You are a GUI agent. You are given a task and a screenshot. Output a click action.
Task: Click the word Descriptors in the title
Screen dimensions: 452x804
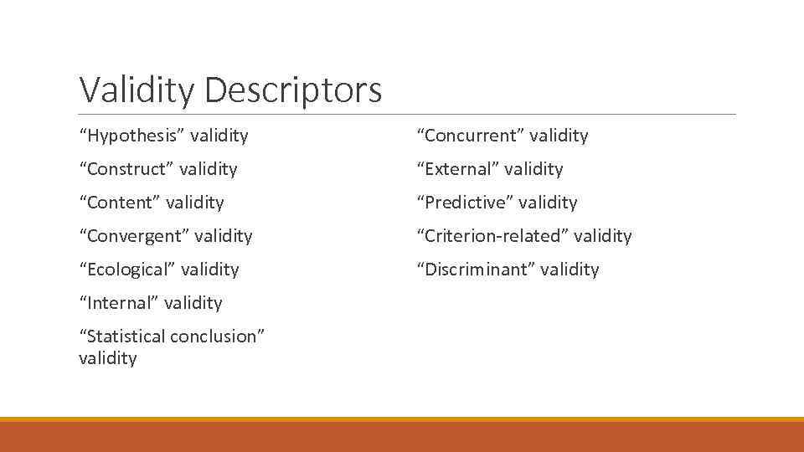coord(292,90)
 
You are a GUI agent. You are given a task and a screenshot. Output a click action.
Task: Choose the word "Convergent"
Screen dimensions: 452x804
coord(135,236)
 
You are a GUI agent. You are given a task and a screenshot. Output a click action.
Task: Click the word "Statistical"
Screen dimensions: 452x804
coord(122,336)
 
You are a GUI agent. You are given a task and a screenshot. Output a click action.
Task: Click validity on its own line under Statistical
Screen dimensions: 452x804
coord(107,358)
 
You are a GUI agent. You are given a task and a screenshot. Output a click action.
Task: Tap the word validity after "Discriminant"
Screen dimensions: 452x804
coord(570,270)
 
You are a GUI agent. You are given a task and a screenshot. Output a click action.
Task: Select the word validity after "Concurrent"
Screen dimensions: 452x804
coord(559,136)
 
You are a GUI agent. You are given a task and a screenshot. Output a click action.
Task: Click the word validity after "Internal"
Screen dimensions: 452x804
coord(193,303)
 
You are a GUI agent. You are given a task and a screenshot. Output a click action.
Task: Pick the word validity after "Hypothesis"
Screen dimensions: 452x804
coord(219,136)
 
